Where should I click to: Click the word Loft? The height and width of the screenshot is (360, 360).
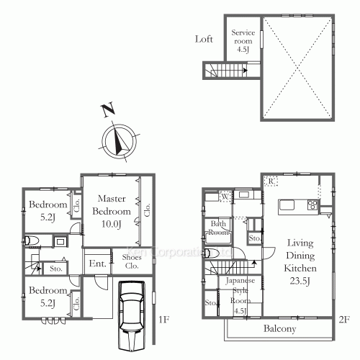point(204,40)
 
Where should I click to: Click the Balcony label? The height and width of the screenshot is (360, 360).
point(279,329)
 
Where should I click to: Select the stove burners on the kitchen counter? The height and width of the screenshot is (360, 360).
point(313,204)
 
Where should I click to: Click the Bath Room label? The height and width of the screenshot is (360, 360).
point(220,228)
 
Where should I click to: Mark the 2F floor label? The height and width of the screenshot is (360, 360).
point(344,318)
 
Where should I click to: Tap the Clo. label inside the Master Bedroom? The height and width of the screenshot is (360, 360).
point(147,211)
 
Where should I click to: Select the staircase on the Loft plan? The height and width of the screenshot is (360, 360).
point(225,71)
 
